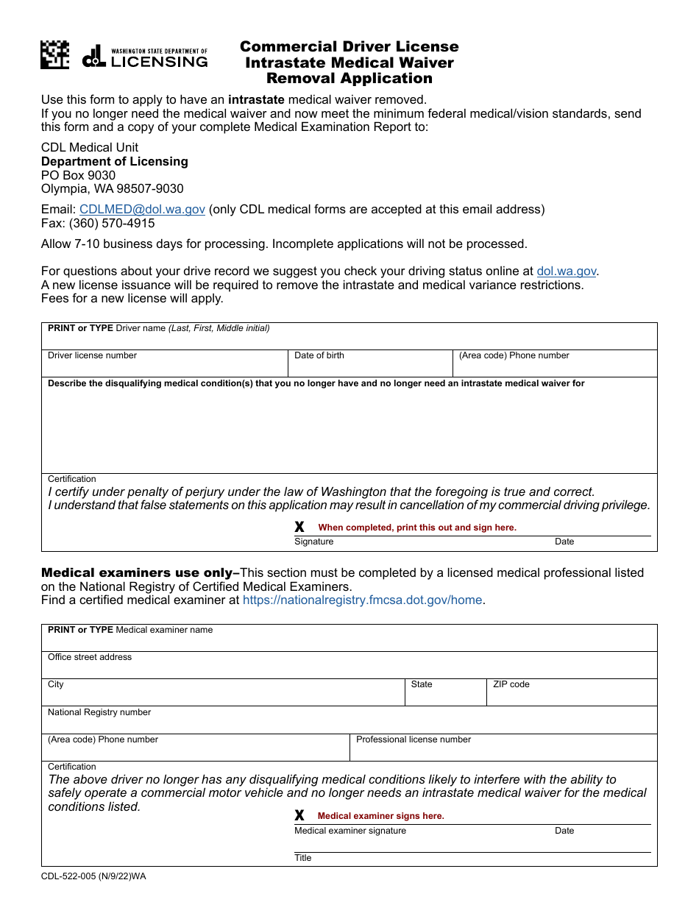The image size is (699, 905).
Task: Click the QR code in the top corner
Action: click(55, 55)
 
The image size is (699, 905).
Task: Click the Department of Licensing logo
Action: click(145, 57)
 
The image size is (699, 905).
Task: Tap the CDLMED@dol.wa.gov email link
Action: click(142, 210)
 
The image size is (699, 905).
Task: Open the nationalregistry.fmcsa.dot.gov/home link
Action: click(362, 600)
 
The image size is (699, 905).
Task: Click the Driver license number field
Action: click(164, 364)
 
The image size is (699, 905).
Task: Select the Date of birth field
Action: click(370, 364)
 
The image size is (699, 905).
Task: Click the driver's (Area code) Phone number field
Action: click(554, 364)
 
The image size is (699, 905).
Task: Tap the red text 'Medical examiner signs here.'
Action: click(380, 816)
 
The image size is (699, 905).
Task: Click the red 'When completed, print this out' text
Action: click(416, 528)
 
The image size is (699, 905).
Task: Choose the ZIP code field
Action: click(571, 693)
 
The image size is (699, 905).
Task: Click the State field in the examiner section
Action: click(445, 693)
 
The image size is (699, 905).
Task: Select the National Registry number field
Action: click(349, 721)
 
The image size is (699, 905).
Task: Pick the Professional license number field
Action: click(503, 748)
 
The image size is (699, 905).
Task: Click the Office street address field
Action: click(349, 666)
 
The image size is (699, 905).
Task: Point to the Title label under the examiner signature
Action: click(303, 858)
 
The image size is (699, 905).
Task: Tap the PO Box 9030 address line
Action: click(78, 175)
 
